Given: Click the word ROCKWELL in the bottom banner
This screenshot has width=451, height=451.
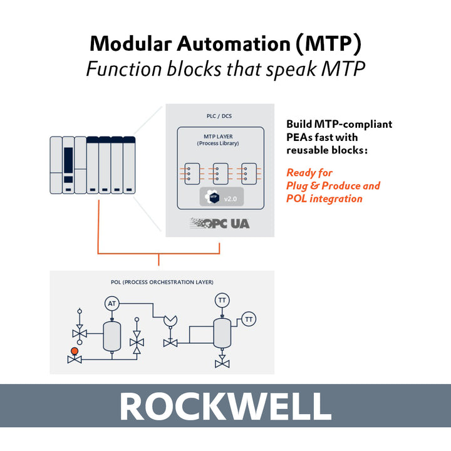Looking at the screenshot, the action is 225,406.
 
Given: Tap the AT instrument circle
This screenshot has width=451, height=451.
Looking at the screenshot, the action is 112,303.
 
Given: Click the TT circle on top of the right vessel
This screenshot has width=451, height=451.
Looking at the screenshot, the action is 222,300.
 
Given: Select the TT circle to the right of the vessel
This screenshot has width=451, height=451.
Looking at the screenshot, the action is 249,319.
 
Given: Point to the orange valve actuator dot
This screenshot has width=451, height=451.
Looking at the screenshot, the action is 75,351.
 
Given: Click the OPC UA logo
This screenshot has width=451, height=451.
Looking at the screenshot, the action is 220,223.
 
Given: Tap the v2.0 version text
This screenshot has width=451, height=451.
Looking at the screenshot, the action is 231,199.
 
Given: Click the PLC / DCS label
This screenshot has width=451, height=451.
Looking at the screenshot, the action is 219,116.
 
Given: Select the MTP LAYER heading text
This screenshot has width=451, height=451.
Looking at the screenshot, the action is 219,137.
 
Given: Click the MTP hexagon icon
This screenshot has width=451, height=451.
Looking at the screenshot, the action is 212,197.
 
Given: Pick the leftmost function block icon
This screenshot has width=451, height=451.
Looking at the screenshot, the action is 192,174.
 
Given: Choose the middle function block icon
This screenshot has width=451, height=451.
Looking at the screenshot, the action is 220,174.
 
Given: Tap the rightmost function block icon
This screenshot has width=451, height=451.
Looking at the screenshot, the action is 249,174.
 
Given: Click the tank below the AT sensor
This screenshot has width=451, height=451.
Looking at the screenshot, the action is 112,336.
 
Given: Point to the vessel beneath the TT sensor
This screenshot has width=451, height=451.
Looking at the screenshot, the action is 222,333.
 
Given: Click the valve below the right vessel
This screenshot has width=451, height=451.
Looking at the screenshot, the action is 222,362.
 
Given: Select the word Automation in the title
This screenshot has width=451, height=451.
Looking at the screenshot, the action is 234,44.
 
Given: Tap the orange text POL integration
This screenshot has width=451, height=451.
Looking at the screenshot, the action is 324,199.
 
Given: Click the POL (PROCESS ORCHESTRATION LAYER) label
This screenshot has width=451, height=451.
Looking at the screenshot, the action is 162,282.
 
